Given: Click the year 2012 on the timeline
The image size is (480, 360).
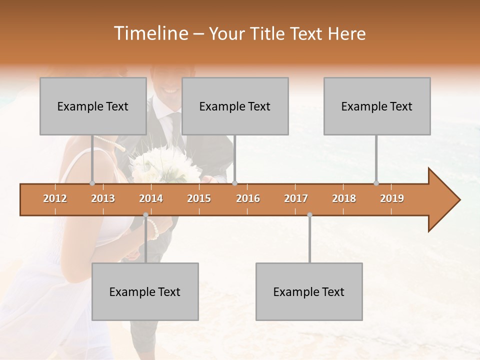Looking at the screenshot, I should coord(55,198).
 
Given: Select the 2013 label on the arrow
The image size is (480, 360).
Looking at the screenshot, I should coord(103,198).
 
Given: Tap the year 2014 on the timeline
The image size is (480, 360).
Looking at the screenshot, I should coord(151,198).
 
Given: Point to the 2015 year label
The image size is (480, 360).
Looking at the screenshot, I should coord(199,198).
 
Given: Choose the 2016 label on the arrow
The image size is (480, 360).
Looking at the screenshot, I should coord(248,198).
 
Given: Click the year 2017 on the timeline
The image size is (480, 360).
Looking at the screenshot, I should coord(296,198).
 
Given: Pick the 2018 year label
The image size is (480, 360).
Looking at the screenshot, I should coord(344,198).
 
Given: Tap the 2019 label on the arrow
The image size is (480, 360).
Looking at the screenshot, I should coord(392,198).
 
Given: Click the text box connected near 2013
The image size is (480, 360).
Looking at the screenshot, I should coord(93,106).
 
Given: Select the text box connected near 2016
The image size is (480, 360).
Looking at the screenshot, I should coord(235,106).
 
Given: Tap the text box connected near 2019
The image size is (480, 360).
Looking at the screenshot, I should coord(377,106).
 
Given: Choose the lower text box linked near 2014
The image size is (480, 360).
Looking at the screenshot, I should coord(145,291).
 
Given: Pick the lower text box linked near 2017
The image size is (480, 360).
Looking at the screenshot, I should coord(309,291).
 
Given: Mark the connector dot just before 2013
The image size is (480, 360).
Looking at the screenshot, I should coord(92,183).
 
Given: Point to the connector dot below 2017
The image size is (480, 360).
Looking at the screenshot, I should coord(309,215).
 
